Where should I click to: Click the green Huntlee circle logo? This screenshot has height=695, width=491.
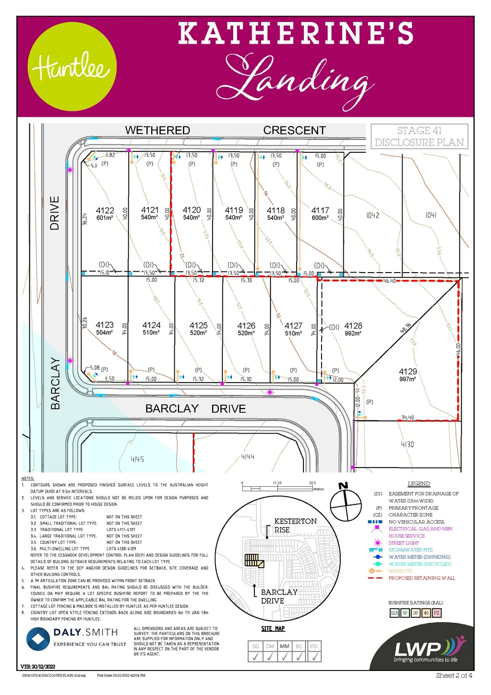pyautogui.click(x=72, y=67)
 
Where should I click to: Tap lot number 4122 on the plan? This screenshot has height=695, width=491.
pyautogui.click(x=105, y=210)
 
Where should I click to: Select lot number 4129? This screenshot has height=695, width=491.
pyautogui.click(x=408, y=371)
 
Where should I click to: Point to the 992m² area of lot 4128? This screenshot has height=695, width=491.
pyautogui.click(x=353, y=334)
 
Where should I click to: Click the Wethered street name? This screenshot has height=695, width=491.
pyautogui.click(x=157, y=130)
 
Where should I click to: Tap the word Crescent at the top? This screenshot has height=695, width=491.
pyautogui.click(x=294, y=130)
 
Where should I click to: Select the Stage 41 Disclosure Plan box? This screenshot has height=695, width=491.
pyautogui.click(x=419, y=137)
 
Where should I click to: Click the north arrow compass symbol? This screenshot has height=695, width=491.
pyautogui.click(x=346, y=501)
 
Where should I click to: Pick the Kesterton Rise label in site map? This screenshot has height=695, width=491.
pyautogui.click(x=295, y=525)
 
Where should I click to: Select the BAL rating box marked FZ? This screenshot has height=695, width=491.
pyautogui.click(x=436, y=612)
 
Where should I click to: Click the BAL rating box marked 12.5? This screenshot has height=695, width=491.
pyautogui.click(x=394, y=612)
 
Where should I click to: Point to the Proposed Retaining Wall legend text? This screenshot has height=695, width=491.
pyautogui.click(x=422, y=578)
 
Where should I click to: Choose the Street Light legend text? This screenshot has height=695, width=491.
pyautogui.click(x=404, y=543)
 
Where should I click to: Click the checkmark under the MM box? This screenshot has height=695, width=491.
pyautogui.click(x=284, y=657)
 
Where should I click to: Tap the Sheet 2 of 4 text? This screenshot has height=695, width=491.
pyautogui.click(x=454, y=675)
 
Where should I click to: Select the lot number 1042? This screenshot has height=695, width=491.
pyautogui.click(x=373, y=215)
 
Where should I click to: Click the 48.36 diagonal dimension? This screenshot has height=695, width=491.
pyautogui.click(x=406, y=328)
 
